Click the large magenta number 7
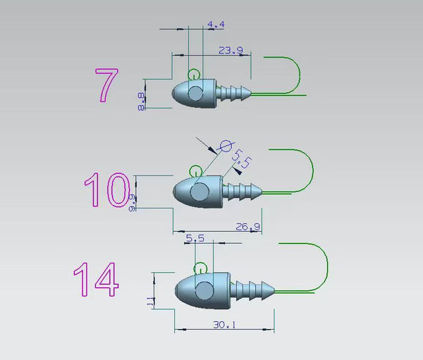click(x=107, y=85)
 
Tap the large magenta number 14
click(x=96, y=280)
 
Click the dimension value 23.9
click(x=231, y=51)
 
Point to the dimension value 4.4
click(x=216, y=25)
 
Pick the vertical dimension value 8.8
click(x=141, y=101)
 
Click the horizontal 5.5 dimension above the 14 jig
click(x=195, y=239)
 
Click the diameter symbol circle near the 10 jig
click(x=226, y=146)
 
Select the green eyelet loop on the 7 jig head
click(x=193, y=74)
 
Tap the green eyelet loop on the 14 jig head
click(x=200, y=268)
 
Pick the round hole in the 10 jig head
click(x=201, y=190)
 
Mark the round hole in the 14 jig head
click(x=204, y=290)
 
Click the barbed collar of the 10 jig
click(x=243, y=190)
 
